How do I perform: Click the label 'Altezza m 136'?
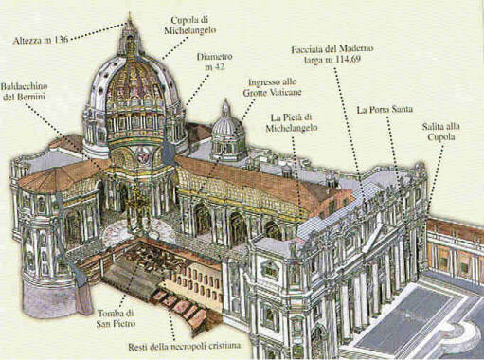(41, 41)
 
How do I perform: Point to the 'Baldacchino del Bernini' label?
(24, 91)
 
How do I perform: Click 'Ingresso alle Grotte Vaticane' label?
(272, 87)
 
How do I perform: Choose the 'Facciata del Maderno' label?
(332, 49)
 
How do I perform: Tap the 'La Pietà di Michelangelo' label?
(292, 123)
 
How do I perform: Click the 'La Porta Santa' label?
(385, 110)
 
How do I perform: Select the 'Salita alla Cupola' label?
(441, 132)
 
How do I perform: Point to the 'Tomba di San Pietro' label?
(117, 318)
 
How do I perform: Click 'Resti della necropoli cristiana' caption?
(184, 346)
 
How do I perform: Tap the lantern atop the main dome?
(130, 35)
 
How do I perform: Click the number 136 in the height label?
(61, 40)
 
